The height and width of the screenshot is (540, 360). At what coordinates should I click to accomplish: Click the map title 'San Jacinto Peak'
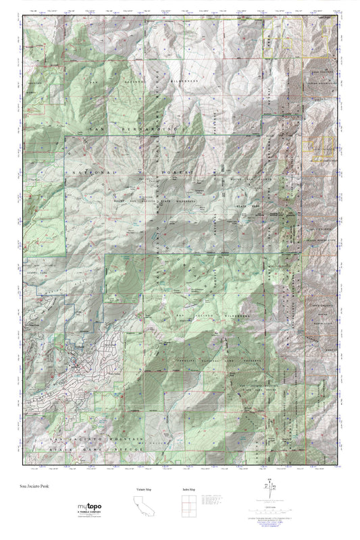click(35, 485)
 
